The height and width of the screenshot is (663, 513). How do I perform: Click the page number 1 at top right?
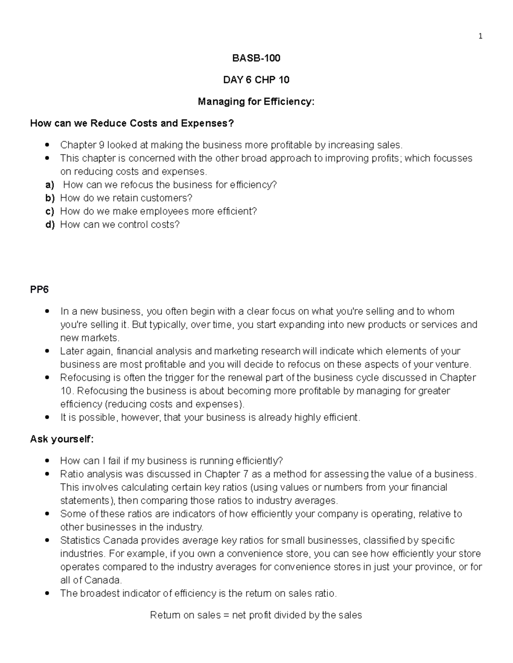tap(481, 36)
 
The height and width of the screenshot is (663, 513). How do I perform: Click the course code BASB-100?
tap(256, 58)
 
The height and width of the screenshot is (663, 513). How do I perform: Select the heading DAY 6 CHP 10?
tap(256, 80)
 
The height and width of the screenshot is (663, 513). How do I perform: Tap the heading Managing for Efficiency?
tap(256, 102)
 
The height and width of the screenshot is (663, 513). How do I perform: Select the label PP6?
tap(39, 289)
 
